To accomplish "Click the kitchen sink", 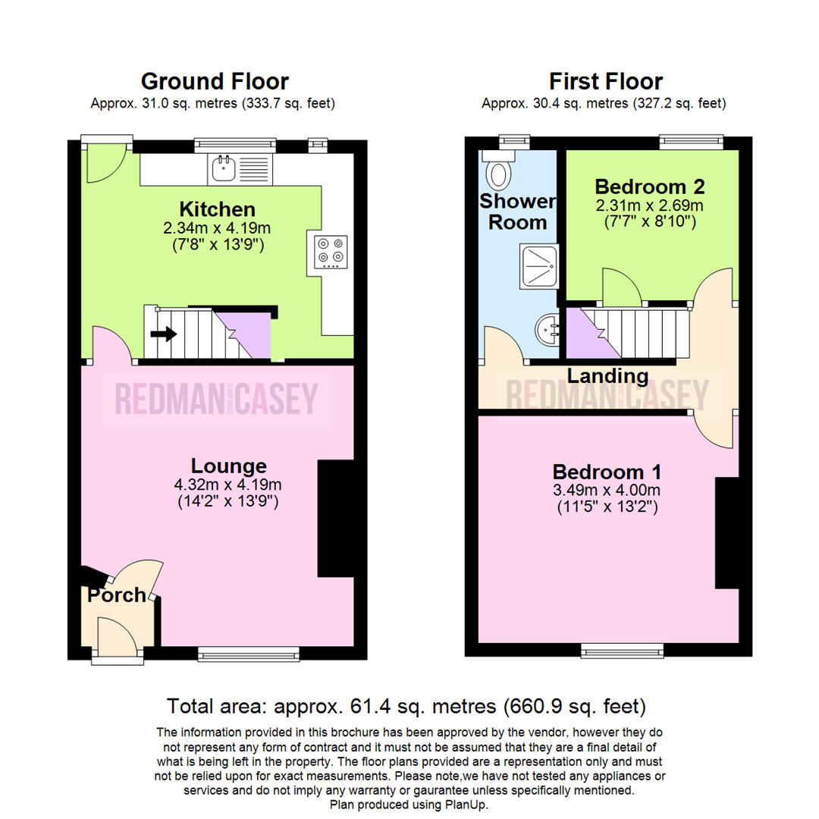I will coord(223,168).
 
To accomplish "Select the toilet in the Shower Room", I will coord(498,172).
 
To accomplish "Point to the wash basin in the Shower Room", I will coord(547,331).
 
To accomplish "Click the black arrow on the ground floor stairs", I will coord(163,333).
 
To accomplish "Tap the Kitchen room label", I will coord(217,209).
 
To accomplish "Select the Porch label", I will coord(116,596).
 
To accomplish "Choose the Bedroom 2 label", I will coord(650,187).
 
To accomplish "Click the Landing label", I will coord(609,375).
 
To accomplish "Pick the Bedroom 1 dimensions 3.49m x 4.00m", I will coord(606,489).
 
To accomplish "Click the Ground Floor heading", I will coord(215,81).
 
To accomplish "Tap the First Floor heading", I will coord(606,81).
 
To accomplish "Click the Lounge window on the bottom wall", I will coord(249,653).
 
